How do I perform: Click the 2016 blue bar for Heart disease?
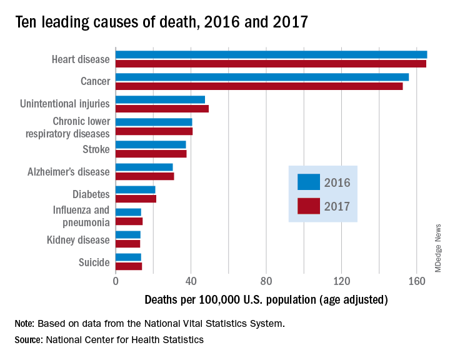pyautogui.click(x=271, y=54)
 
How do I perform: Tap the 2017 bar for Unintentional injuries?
pyautogui.click(x=162, y=109)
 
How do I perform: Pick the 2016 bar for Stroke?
pyautogui.click(x=151, y=144)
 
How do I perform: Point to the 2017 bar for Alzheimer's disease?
pyautogui.click(x=144, y=176)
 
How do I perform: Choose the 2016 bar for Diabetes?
pyautogui.click(x=135, y=189)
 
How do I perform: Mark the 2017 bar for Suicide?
pyautogui.click(x=128, y=266)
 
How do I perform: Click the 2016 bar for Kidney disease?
pyautogui.click(x=127, y=234)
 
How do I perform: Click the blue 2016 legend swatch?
pyautogui.click(x=309, y=182)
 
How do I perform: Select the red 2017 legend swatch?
pyautogui.click(x=309, y=206)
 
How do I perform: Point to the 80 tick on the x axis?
pyautogui.click(x=266, y=281)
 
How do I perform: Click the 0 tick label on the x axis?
pyautogui.click(x=116, y=281)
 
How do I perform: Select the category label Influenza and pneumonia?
pyautogui.click(x=81, y=216)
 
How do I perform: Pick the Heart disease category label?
pyautogui.click(x=81, y=60)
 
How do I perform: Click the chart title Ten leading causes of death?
pyautogui.click(x=161, y=22)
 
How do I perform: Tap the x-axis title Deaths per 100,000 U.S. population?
pyautogui.click(x=266, y=300)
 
